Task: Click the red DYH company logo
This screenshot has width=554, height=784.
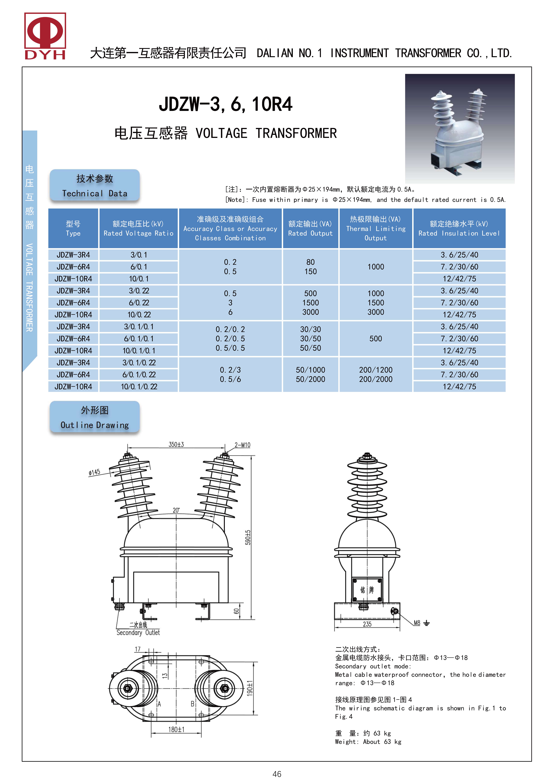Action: point(45,36)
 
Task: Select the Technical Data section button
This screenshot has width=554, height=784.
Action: point(95,185)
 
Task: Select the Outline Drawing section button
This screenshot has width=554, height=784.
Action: point(95,417)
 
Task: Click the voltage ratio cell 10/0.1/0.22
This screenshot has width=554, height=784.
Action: point(139,387)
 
